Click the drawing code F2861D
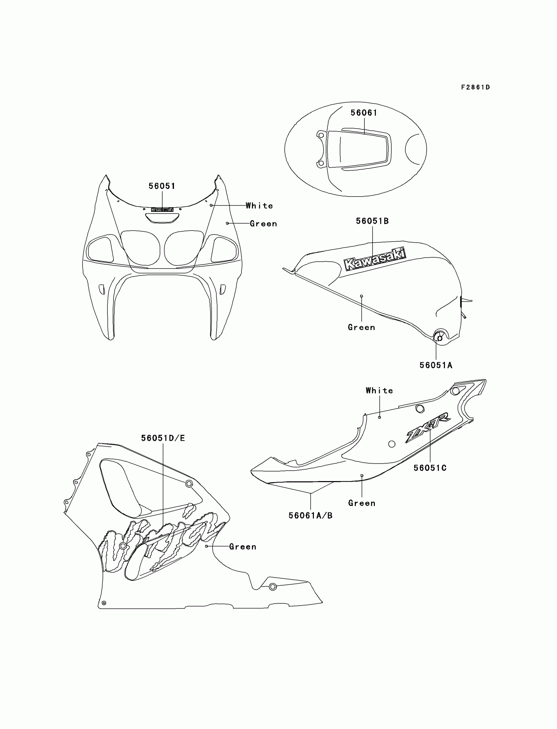click(475, 87)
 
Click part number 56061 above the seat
click(364, 113)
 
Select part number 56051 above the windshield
click(162, 186)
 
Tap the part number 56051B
click(372, 221)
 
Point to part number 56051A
click(436, 365)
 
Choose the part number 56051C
click(430, 468)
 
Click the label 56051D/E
click(163, 438)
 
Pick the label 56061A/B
click(310, 515)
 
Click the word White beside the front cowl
click(259, 206)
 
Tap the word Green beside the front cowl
click(263, 224)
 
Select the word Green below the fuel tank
click(361, 328)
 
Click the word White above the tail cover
click(379, 391)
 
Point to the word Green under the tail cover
click(362, 503)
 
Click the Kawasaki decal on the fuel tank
click(375, 259)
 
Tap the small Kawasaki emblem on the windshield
click(162, 210)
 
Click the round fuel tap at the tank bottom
click(440, 338)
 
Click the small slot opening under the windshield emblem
click(162, 218)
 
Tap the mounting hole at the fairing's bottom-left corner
click(104, 603)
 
